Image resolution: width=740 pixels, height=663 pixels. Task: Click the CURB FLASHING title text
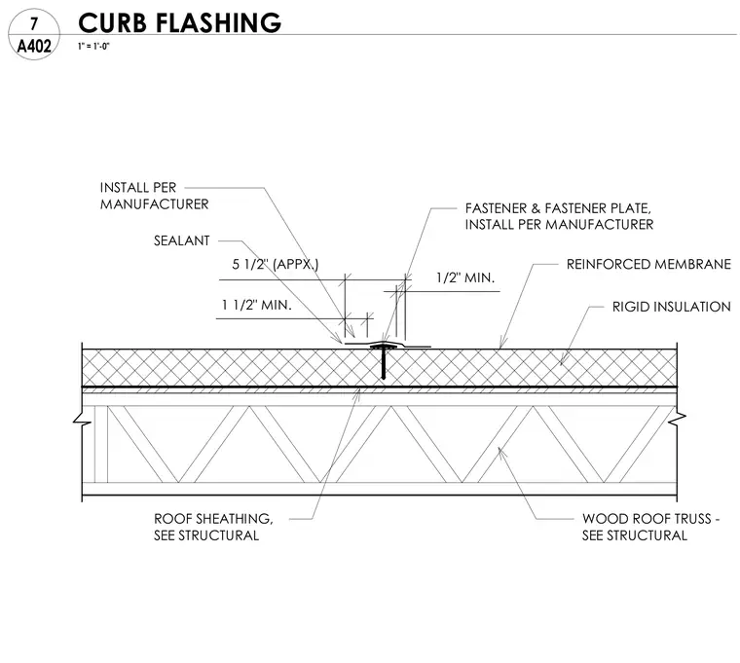(x=179, y=22)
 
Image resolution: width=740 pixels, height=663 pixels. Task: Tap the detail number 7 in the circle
(x=33, y=24)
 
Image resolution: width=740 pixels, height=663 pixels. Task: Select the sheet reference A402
(x=34, y=47)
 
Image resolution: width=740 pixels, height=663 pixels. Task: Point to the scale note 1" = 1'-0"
(x=93, y=47)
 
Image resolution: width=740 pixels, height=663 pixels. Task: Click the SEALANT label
(x=182, y=240)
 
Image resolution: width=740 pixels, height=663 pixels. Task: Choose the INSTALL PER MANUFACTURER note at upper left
(x=154, y=196)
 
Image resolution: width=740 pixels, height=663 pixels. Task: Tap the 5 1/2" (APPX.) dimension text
(x=276, y=264)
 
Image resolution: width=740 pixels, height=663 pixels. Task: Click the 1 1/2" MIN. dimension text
(x=257, y=305)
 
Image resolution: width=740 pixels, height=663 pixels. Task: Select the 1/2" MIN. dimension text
(x=465, y=277)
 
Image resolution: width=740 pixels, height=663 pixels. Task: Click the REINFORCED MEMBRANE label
(x=648, y=264)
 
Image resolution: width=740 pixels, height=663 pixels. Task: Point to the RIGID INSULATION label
(x=671, y=307)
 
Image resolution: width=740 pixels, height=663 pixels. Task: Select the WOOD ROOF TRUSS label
(x=650, y=527)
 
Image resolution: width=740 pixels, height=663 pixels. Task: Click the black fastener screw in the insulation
(x=384, y=362)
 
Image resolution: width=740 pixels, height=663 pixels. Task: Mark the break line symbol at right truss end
(x=678, y=419)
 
